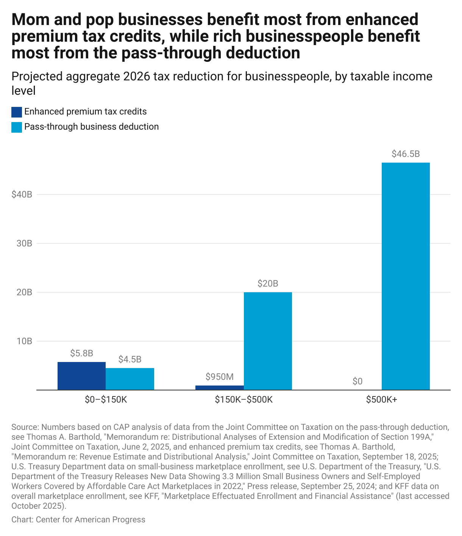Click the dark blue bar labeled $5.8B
pyautogui.click(x=81, y=376)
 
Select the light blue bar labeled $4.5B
pyautogui.click(x=130, y=379)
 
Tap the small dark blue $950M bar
pyautogui.click(x=220, y=387)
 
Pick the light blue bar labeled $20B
pyautogui.click(x=268, y=341)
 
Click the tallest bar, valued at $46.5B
pyautogui.click(x=406, y=276)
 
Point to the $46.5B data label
pyautogui.click(x=406, y=154)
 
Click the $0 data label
pyautogui.click(x=357, y=381)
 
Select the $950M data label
pyautogui.click(x=220, y=377)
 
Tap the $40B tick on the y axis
pyautogui.click(x=22, y=194)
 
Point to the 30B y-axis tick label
pyautogui.click(x=24, y=243)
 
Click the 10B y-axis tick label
pyautogui.click(x=24, y=341)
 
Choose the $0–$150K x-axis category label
pyautogui.click(x=106, y=400)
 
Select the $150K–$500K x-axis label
pyautogui.click(x=243, y=400)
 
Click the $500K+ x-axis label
pyautogui.click(x=381, y=400)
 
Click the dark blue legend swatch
pyautogui.click(x=17, y=112)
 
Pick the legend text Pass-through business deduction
pyautogui.click(x=91, y=127)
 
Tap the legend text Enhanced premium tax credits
pyautogui.click(x=85, y=112)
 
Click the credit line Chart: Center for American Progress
pyautogui.click(x=78, y=519)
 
